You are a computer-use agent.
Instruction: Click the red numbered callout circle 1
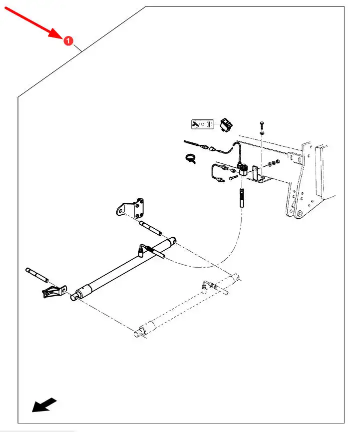[x=68, y=40]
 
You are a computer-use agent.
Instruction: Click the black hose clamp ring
[x=189, y=158]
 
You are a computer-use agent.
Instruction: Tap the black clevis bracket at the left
[x=52, y=293]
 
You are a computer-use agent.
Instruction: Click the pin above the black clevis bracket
[x=37, y=274]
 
